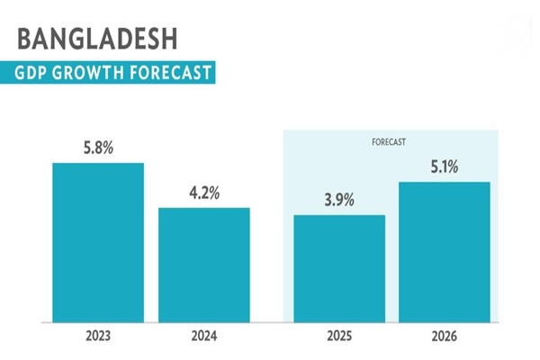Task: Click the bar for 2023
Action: pyautogui.click(x=98, y=241)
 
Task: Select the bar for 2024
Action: pyautogui.click(x=204, y=264)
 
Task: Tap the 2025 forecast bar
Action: pyautogui.click(x=340, y=267)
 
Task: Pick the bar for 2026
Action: pyautogui.click(x=445, y=251)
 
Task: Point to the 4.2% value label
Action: pyautogui.click(x=204, y=193)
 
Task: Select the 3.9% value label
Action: pyautogui.click(x=340, y=200)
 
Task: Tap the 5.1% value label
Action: pyautogui.click(x=445, y=166)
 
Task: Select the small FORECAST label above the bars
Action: pyautogui.click(x=390, y=141)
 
